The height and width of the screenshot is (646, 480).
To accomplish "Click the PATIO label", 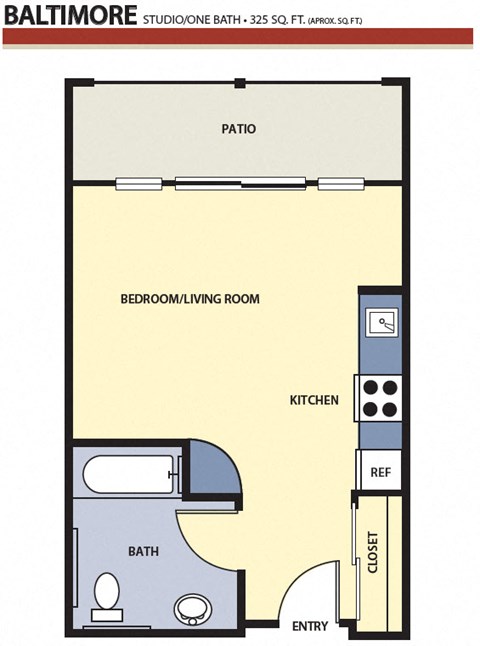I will pos(239,129).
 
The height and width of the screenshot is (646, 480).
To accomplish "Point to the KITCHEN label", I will pos(314,400).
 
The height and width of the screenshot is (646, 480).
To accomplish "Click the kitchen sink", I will pos(381,322).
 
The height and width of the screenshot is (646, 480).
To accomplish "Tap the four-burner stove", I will pos(380,398).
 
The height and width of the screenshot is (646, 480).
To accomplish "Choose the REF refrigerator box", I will pos(380,471).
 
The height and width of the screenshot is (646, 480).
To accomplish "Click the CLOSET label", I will pos(374,551).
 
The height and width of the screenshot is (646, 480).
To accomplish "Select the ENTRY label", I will pos(310,626).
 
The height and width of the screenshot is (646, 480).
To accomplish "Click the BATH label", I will pos(142,551).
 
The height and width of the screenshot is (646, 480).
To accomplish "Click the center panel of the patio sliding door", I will pos(239,183).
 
